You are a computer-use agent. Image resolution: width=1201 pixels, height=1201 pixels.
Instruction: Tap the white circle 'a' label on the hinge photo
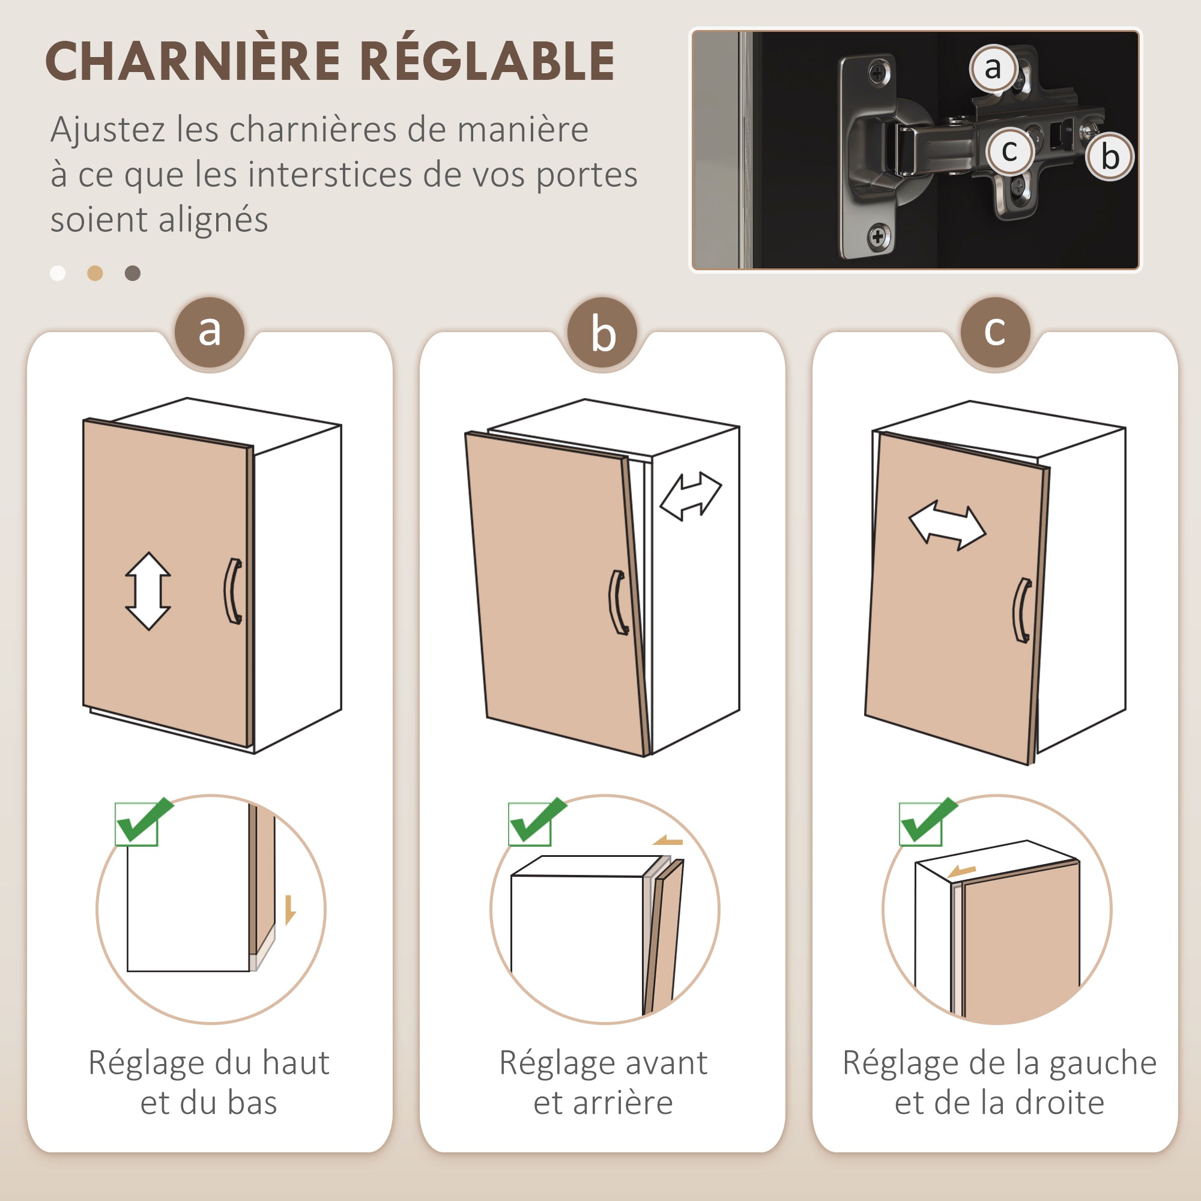coord(993,68)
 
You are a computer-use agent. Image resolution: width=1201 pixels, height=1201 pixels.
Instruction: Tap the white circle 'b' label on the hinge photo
coord(1110,157)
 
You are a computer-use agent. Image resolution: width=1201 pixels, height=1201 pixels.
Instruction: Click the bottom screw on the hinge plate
coord(877,236)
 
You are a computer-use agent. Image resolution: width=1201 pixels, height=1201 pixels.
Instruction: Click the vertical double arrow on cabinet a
coord(148,591)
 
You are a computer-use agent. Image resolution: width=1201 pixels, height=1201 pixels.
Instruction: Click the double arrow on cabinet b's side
coord(690,495)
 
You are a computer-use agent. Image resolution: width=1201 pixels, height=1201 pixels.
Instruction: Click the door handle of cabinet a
coord(233,590)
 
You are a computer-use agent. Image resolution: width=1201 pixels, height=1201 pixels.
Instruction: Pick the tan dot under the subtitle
coord(95,273)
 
